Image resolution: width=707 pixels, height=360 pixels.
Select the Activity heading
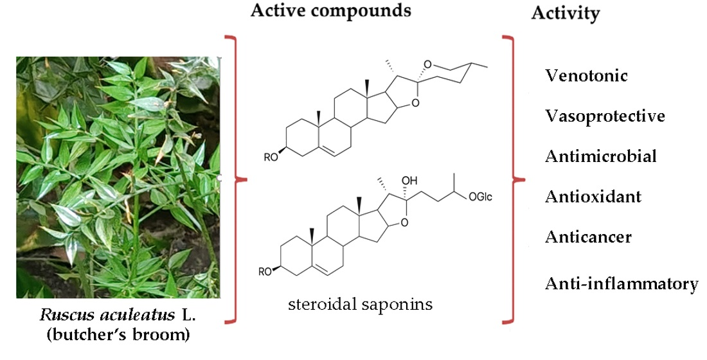[566, 14]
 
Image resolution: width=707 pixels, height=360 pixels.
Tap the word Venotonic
[586, 76]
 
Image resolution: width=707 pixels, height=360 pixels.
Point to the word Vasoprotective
[605, 116]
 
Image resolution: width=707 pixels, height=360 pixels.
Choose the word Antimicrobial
[601, 156]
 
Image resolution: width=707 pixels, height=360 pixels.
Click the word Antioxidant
[593, 197]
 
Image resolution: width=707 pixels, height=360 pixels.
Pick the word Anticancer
[589, 237]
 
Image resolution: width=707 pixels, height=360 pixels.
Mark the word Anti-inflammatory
[622, 283]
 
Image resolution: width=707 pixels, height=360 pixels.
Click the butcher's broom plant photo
[118, 177]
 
